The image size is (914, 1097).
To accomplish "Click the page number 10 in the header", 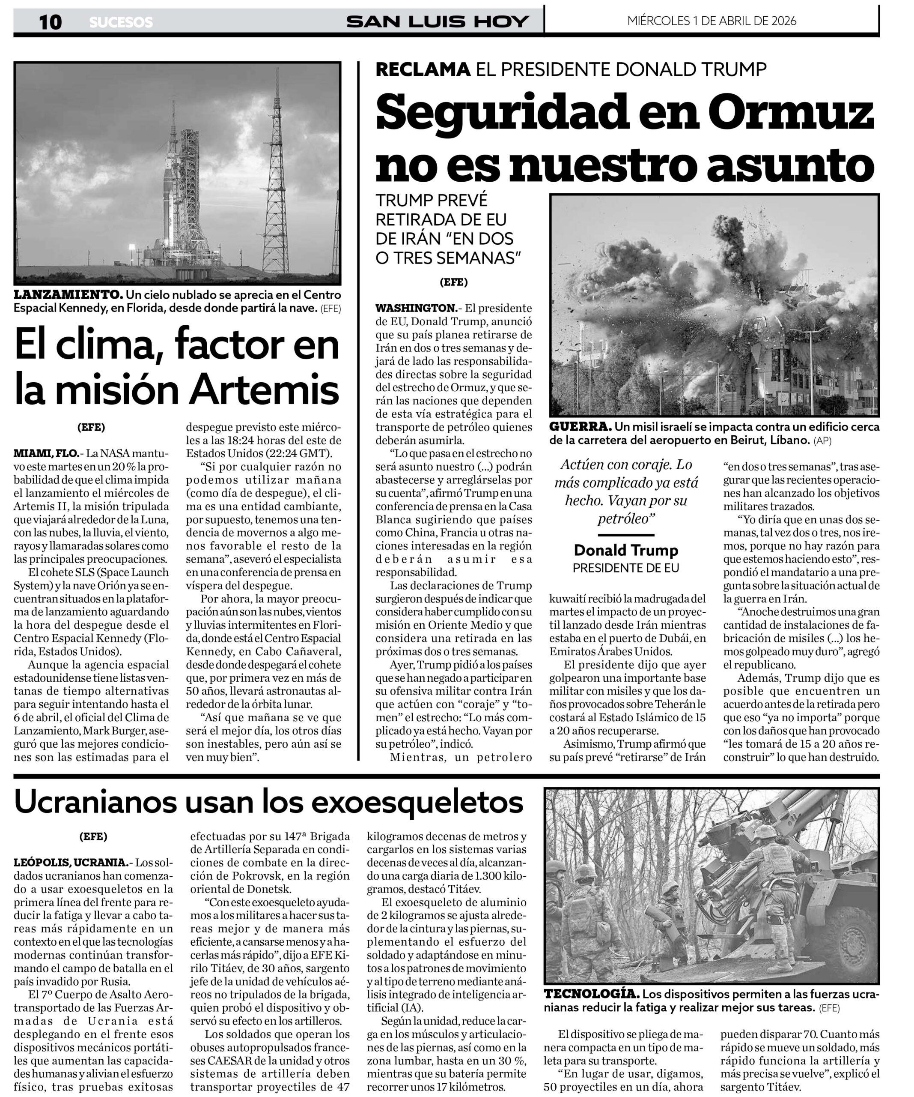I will (x=50, y=22).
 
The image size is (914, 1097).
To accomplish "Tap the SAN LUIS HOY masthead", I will (x=438, y=22).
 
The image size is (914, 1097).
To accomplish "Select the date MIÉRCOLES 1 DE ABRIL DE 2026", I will (x=712, y=21).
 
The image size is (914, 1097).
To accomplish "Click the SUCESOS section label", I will (x=121, y=22).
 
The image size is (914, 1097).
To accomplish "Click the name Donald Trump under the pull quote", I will (x=626, y=550).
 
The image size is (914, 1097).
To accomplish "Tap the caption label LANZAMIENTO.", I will (x=68, y=295).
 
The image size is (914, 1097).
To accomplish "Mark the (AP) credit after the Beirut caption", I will (x=823, y=441).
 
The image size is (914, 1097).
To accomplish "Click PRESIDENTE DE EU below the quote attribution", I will (x=626, y=568).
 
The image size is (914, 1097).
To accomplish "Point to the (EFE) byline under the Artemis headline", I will (x=91, y=427).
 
